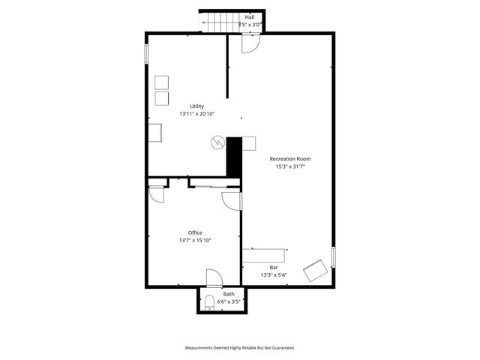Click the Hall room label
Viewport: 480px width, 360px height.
tap(249, 16)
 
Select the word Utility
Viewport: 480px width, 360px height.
tap(196, 106)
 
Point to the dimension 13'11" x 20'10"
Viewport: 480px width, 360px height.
tap(196, 114)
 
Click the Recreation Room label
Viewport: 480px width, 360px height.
tap(290, 159)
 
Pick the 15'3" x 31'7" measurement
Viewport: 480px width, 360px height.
tap(290, 167)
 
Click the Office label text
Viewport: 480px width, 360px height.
tap(195, 232)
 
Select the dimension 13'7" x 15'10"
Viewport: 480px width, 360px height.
tap(195, 241)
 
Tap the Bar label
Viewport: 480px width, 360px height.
tap(274, 267)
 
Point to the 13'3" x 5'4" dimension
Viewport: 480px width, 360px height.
tap(274, 275)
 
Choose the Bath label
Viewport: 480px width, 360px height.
tap(228, 294)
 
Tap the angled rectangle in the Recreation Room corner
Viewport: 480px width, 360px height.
tap(315, 271)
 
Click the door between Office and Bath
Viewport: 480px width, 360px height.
tap(214, 277)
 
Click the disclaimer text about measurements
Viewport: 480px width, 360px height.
tap(240, 348)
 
